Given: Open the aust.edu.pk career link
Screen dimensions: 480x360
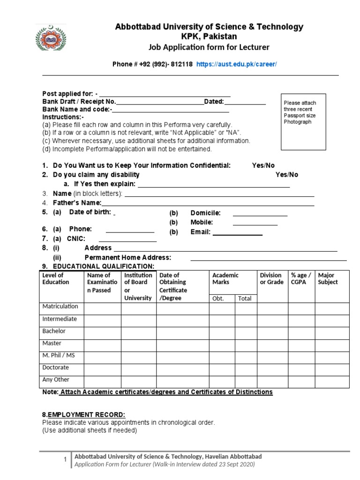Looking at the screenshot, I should [237, 64].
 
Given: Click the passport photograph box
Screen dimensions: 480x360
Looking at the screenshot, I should [303, 121].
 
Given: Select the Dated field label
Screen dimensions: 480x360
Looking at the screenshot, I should [214, 102].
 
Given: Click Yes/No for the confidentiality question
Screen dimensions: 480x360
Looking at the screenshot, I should [263, 165].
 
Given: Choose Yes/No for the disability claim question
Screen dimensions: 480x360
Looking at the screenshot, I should [286, 175].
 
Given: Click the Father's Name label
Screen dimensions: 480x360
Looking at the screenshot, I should [77, 203].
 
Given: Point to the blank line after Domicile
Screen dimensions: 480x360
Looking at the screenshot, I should [260, 215].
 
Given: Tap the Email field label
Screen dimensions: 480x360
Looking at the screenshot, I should [201, 232].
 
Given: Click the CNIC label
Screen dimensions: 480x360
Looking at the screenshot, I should [76, 239].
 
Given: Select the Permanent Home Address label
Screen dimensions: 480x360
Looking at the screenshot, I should [127, 257].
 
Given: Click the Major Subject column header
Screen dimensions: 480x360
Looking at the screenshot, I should [328, 278].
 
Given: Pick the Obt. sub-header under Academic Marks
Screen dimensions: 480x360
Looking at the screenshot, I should [218, 298].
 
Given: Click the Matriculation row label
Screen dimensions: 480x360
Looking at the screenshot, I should [60, 307].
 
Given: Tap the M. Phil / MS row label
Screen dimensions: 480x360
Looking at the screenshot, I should [59, 355].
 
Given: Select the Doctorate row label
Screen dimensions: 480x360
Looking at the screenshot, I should [56, 367].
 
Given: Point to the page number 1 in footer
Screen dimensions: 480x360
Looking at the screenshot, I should [65, 460].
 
